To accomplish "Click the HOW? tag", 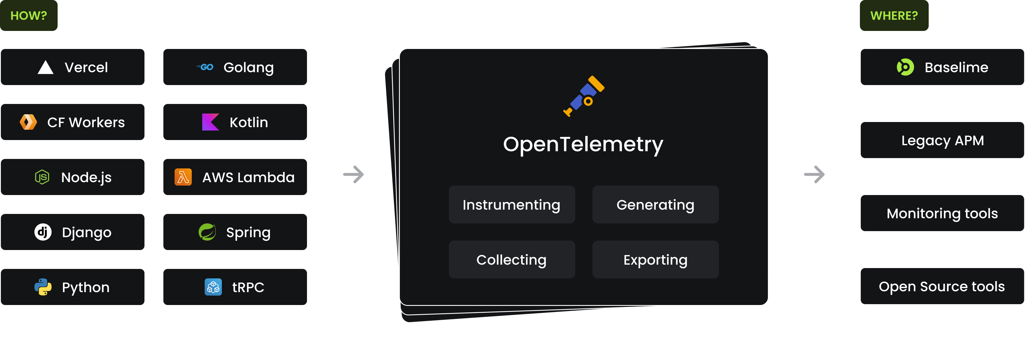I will (x=29, y=15).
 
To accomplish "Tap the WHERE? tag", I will (x=894, y=15).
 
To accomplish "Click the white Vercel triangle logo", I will (x=45, y=67).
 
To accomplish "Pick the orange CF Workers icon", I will (x=28, y=122).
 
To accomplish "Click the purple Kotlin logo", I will (x=210, y=122).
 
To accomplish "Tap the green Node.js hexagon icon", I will (x=42, y=177).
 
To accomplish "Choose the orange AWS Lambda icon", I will (x=183, y=177).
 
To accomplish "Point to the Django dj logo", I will (x=43, y=232).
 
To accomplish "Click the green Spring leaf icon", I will (x=207, y=232).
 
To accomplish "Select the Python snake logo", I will (x=43, y=287).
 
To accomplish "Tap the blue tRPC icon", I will (x=213, y=287).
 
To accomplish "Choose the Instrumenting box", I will (x=512, y=204).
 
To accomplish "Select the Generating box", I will (x=655, y=204).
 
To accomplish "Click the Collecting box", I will (x=512, y=259).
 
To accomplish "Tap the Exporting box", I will (x=655, y=259).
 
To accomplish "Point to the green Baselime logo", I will (x=905, y=67).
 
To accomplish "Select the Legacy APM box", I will (x=942, y=140).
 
